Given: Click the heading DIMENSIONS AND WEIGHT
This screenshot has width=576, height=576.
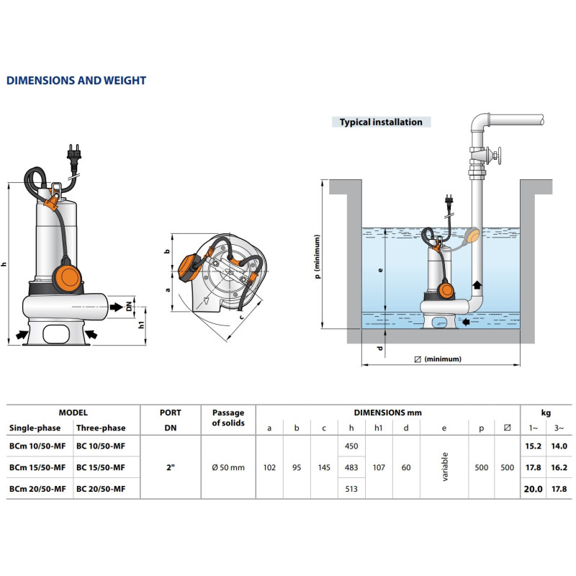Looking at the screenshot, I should tap(76, 81).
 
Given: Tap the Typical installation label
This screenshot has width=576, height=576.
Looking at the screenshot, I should tap(381, 122).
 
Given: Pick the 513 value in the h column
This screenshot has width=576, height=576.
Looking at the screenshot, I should tap(351, 489).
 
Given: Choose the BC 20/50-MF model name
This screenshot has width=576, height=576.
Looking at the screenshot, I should tap(101, 489).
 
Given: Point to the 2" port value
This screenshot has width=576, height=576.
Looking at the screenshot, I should tap(171, 467).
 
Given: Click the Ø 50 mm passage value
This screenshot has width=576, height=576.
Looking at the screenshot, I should tap(228, 467).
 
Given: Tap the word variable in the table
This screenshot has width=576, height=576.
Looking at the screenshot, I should tap(444, 467).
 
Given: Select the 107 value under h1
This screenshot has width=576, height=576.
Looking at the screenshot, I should tap(379, 467).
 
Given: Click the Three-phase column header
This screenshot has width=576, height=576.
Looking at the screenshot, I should tap(101, 428).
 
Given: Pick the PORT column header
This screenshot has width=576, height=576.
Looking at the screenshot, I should tap(171, 413).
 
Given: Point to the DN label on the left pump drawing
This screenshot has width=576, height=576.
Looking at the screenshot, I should tap(130, 305).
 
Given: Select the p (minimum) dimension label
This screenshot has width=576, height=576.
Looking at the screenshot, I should tap(316, 255).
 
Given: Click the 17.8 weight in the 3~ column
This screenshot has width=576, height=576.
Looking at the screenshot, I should tap(559, 489).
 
